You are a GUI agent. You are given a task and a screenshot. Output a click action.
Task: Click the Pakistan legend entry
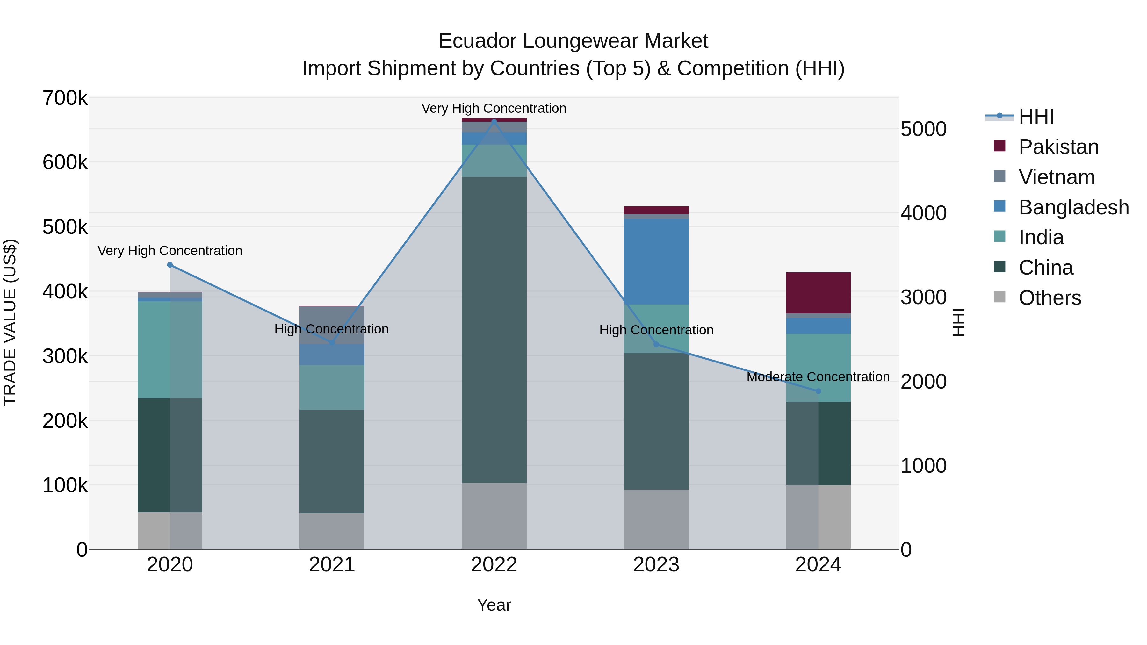[x=1058, y=147]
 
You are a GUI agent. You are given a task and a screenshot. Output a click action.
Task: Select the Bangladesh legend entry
[x=1073, y=207]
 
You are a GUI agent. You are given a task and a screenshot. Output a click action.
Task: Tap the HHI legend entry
[x=1036, y=117]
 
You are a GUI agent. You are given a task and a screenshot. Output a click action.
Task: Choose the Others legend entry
[x=1050, y=298]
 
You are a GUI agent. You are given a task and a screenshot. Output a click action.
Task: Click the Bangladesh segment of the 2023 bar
[x=656, y=262]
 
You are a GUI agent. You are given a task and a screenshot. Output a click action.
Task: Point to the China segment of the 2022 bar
[x=494, y=329]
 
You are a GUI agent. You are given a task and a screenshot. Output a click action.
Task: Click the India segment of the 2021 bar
[x=332, y=387]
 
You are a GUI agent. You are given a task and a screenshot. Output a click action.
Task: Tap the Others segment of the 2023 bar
[x=656, y=519]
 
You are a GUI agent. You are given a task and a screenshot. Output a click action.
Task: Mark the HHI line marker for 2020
[x=170, y=265]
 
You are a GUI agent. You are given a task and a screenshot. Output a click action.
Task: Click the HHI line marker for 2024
[x=818, y=391]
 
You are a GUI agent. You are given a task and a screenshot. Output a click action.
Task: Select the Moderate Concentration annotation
[x=818, y=377]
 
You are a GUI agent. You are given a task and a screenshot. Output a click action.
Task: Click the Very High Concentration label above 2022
[x=494, y=109]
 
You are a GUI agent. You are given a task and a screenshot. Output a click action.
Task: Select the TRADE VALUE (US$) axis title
[x=10, y=322]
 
